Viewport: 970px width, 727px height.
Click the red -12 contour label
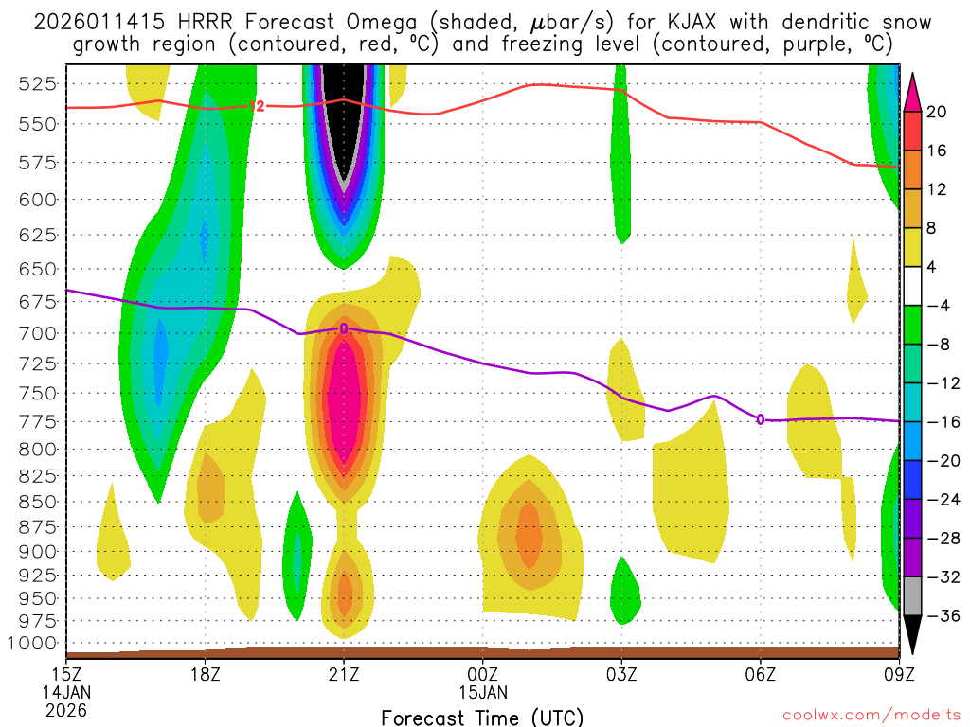click(256, 106)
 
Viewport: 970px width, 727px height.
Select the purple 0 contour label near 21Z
click(344, 328)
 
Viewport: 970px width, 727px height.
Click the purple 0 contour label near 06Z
click(761, 418)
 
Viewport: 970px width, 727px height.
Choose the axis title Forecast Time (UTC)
click(482, 717)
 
